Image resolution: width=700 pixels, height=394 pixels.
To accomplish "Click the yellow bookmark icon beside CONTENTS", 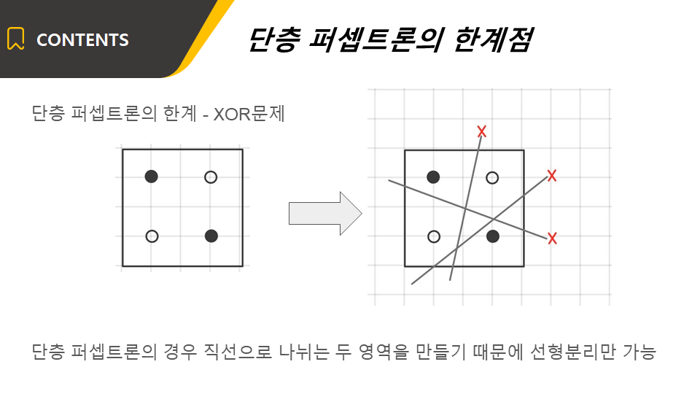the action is tap(15, 39).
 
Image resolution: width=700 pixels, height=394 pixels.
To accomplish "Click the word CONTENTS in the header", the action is tap(82, 40).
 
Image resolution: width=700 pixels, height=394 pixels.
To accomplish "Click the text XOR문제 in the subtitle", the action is tap(249, 114).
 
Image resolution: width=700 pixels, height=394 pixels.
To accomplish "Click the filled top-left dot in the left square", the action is tap(152, 177).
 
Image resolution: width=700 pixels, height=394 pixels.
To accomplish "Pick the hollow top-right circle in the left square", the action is tap(211, 177).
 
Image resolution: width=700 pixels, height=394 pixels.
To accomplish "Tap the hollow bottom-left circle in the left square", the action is tap(152, 236).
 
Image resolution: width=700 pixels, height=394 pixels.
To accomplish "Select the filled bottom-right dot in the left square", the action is tap(211, 236).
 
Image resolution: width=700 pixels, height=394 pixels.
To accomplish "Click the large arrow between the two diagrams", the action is tap(325, 214).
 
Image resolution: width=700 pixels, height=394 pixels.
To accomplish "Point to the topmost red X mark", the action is tap(481, 131).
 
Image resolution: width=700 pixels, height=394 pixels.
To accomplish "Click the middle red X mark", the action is tap(552, 176).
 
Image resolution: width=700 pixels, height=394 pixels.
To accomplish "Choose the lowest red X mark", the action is tap(552, 239).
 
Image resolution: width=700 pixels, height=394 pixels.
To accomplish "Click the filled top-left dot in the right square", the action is tap(433, 177).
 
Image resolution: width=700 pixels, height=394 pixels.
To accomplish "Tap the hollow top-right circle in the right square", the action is tap(492, 178).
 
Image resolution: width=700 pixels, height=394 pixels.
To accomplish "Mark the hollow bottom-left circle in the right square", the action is tap(433, 236).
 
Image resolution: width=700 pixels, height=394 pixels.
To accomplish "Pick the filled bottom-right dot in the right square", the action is tap(493, 236).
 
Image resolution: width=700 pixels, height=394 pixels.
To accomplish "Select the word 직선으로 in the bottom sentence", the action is tap(238, 352).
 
